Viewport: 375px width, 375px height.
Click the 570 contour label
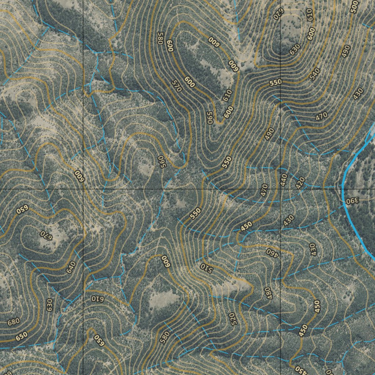click(x=176, y=86)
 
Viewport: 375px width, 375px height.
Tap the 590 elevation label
click(x=210, y=118)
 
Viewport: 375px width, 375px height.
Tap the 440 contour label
click(x=283, y=179)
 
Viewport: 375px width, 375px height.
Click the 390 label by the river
click(x=353, y=201)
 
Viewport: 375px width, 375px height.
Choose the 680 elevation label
click(x=13, y=322)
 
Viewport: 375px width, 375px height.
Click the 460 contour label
click(x=272, y=252)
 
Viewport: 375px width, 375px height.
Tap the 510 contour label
click(x=206, y=268)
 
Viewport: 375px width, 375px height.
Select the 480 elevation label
click(x=268, y=292)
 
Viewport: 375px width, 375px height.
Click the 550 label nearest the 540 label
click(x=275, y=83)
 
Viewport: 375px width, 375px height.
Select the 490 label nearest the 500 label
click(x=346, y=51)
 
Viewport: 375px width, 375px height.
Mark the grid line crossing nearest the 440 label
click(x=281, y=189)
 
